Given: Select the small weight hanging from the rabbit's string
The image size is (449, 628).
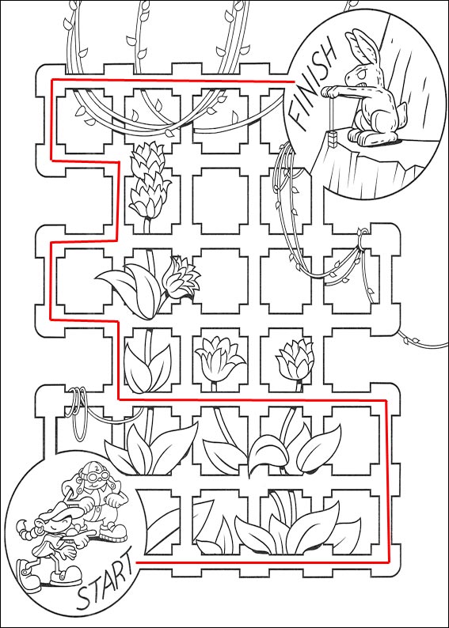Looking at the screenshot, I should [333, 139].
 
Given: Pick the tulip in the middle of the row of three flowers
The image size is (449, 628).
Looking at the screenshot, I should [217, 355].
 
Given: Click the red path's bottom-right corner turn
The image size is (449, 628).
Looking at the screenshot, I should [388, 562].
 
